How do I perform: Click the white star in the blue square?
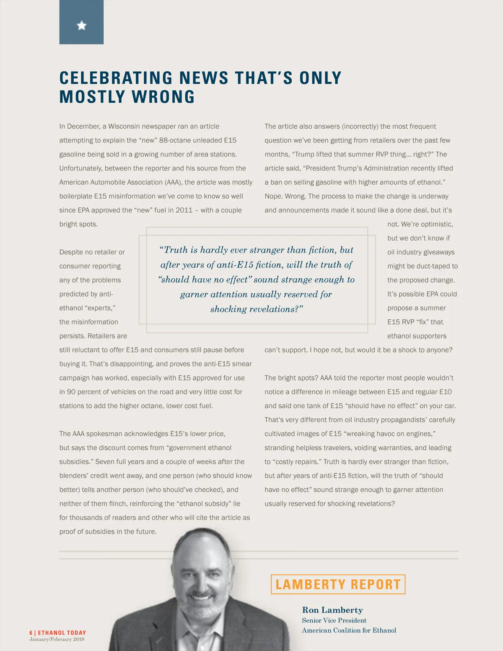pyautogui.click(x=82, y=26)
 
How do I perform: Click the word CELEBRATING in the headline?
pyautogui.click(x=116, y=78)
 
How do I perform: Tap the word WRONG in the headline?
pyautogui.click(x=163, y=97)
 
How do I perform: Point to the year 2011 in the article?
pyautogui.click(x=184, y=210)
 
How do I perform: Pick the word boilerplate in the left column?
pyautogui.click(x=76, y=196)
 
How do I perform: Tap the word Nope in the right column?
pyautogui.click(x=273, y=196)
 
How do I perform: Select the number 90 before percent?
pyautogui.click(x=71, y=392)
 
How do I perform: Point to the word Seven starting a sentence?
pyautogui.click(x=105, y=462)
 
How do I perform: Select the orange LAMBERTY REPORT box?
pyautogui.click(x=338, y=584)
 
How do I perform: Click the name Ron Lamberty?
pyautogui.click(x=332, y=610)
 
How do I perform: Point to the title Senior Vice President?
pyautogui.click(x=334, y=620)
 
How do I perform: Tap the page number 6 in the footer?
pyautogui.click(x=31, y=633)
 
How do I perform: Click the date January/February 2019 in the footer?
pyautogui.click(x=57, y=639)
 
